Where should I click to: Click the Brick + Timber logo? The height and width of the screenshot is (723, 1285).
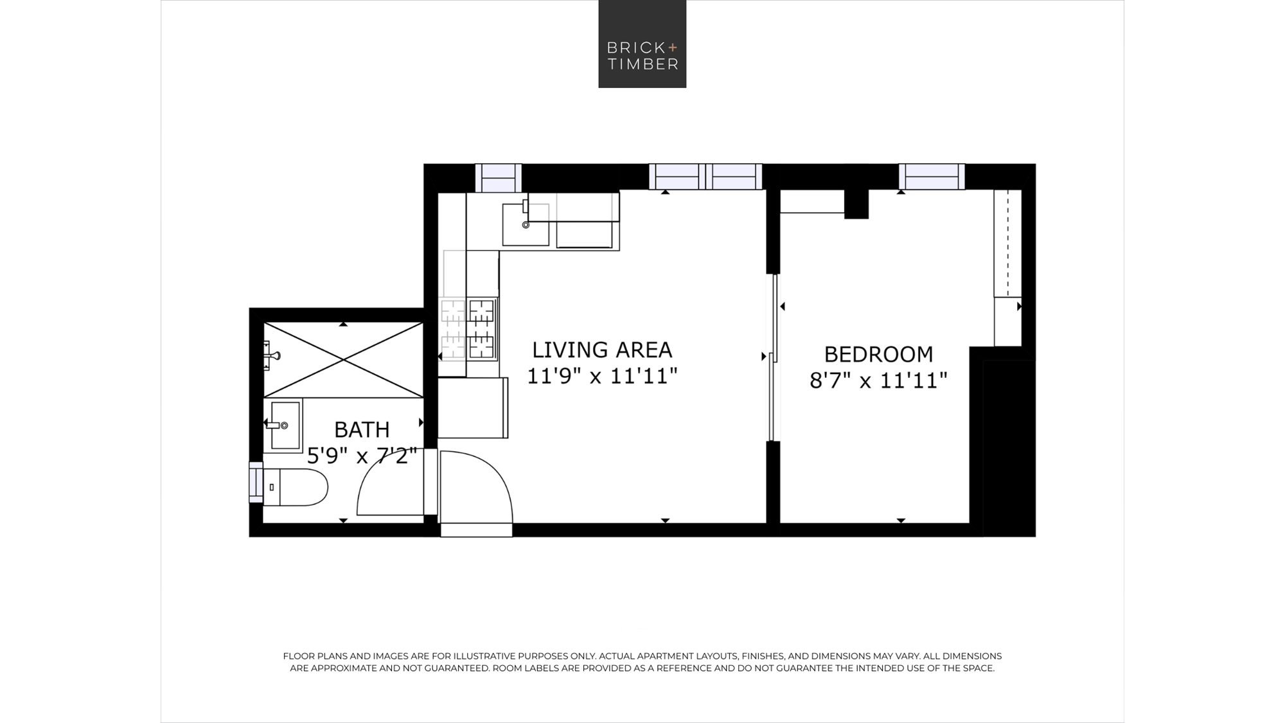click(642, 44)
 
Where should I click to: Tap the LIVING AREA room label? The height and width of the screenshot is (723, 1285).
click(602, 350)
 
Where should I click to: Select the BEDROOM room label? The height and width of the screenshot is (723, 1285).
click(878, 354)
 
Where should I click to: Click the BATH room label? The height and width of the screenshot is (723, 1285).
click(362, 429)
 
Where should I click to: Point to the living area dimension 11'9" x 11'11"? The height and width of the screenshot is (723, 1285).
click(602, 376)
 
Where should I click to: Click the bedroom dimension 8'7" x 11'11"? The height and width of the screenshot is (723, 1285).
click(878, 380)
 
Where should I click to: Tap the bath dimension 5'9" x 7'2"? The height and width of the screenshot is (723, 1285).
click(362, 456)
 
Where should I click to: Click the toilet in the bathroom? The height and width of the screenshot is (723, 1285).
click(296, 487)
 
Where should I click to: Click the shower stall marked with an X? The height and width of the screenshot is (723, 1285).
click(343, 360)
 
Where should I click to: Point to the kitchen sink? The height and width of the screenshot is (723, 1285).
click(526, 224)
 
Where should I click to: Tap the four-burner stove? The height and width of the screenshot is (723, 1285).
click(468, 328)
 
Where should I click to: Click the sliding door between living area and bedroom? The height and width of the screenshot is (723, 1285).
click(774, 358)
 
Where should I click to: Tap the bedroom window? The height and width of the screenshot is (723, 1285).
click(932, 177)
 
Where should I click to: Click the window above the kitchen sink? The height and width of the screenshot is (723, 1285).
click(499, 178)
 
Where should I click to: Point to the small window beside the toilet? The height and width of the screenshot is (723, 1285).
click(256, 482)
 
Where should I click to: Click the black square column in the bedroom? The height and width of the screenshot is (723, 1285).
click(856, 204)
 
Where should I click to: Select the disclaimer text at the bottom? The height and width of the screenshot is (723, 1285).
click(642, 662)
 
